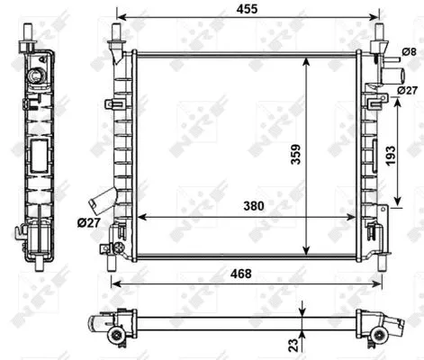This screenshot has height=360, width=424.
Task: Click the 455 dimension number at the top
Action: (246, 7)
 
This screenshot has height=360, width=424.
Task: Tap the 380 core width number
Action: (254, 206)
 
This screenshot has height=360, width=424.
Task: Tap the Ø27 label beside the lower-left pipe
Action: (88, 222)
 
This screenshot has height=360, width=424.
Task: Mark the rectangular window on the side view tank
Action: (40, 157)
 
